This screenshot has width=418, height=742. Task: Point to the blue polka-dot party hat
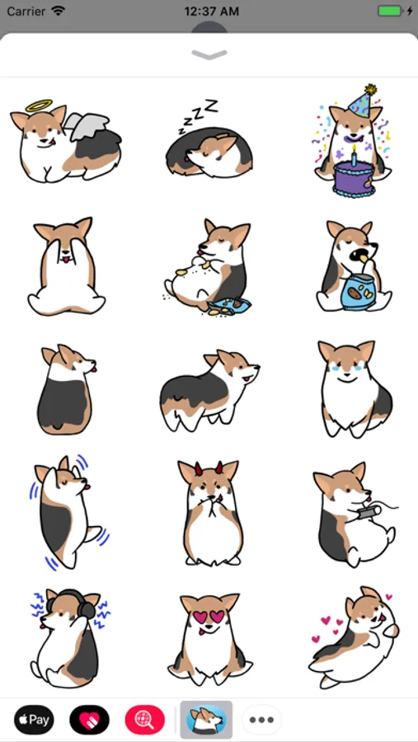[362, 101]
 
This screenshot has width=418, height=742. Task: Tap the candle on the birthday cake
[354, 155]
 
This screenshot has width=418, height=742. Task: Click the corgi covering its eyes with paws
[66, 266]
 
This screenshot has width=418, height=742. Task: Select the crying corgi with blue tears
[354, 388]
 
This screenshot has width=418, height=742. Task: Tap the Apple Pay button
[34, 720]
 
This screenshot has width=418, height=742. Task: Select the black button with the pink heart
[90, 720]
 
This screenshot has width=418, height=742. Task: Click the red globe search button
[145, 720]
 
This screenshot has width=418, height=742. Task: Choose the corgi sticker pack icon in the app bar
[206, 720]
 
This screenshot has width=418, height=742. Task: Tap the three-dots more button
[262, 720]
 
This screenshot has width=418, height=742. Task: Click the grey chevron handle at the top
[209, 55]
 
